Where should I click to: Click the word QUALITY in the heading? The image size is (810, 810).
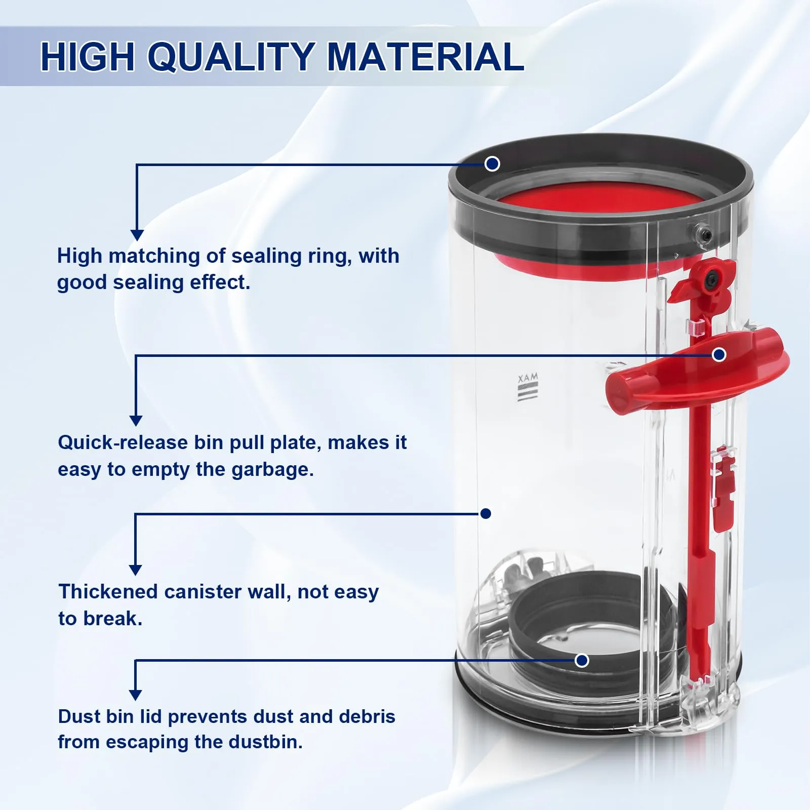(x=232, y=57)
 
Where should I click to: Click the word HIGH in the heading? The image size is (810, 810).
(x=88, y=56)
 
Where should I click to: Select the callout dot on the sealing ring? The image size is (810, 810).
(x=492, y=164)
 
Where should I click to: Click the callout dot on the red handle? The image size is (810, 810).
(x=719, y=355)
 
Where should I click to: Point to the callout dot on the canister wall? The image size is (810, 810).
(x=486, y=514)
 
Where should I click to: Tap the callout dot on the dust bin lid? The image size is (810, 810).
(x=582, y=660)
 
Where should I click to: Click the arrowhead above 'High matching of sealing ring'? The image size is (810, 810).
(x=137, y=235)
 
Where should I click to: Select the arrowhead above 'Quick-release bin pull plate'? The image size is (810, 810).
(x=136, y=421)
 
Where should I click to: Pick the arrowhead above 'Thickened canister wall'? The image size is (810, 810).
(x=135, y=570)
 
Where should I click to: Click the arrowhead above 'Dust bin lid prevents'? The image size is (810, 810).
(x=135, y=695)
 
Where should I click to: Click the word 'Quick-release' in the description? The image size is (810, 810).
(x=123, y=442)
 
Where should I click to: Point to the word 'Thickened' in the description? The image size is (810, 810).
(x=108, y=591)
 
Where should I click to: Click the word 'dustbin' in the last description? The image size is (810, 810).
(x=265, y=742)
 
